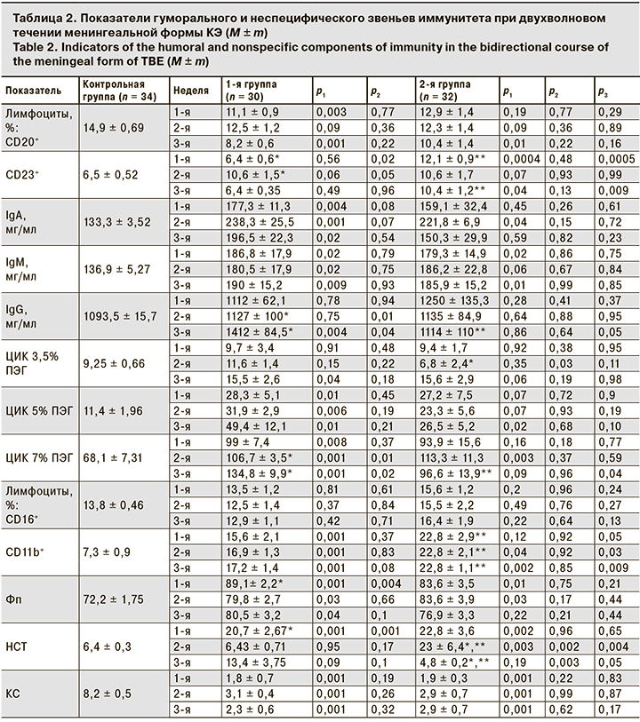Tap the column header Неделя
[x=191, y=91]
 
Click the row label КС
[x=13, y=693]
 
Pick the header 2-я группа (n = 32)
[x=446, y=91]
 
